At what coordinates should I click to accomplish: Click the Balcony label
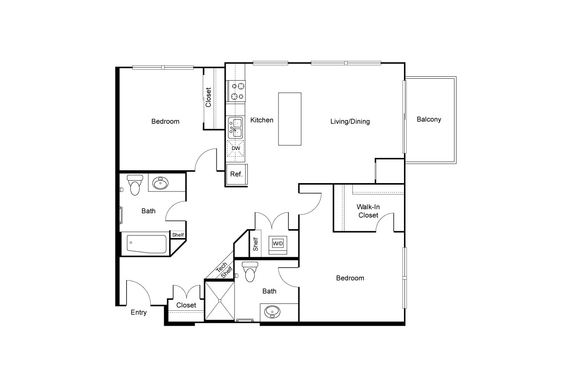click(x=429, y=119)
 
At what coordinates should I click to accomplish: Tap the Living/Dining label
click(x=350, y=121)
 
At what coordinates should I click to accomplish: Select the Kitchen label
click(x=262, y=120)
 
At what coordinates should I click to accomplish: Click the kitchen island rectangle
click(x=290, y=119)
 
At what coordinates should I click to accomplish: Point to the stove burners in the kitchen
click(x=236, y=91)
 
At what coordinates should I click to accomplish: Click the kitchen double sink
click(x=235, y=128)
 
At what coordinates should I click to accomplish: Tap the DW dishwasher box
click(x=235, y=148)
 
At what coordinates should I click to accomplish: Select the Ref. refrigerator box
click(x=236, y=175)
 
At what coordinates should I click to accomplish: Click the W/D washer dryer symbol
click(x=278, y=244)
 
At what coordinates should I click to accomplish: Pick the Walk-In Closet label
click(x=368, y=211)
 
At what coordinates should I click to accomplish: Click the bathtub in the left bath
click(x=147, y=244)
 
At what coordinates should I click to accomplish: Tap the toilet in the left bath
click(x=135, y=184)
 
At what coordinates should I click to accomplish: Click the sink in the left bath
click(x=160, y=183)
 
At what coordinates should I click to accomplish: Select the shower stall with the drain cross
click(x=220, y=301)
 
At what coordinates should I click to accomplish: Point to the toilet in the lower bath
click(x=250, y=271)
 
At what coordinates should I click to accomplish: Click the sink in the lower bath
click(x=272, y=312)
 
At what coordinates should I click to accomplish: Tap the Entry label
click(x=139, y=312)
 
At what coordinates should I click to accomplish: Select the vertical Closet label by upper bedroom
click(x=208, y=98)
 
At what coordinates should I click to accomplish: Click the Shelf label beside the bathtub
click(x=178, y=235)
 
